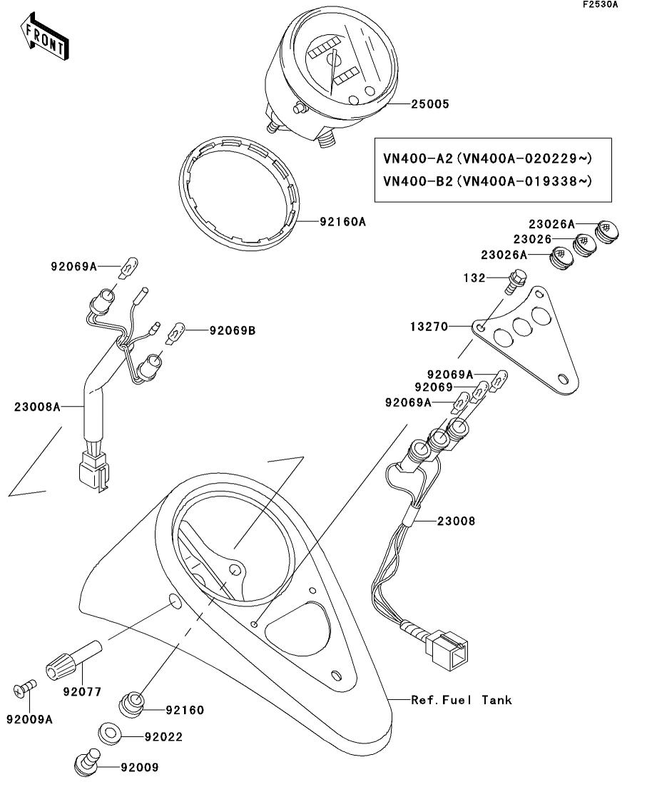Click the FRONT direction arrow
44,36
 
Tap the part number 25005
430,104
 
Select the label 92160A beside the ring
343,222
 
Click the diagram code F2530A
601,4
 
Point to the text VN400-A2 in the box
418,158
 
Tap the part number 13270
429,327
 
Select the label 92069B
233,331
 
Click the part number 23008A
37,407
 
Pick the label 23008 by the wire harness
456,522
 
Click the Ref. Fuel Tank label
462,700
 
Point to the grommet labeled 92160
132,704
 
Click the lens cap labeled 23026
584,245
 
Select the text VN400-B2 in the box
418,181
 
